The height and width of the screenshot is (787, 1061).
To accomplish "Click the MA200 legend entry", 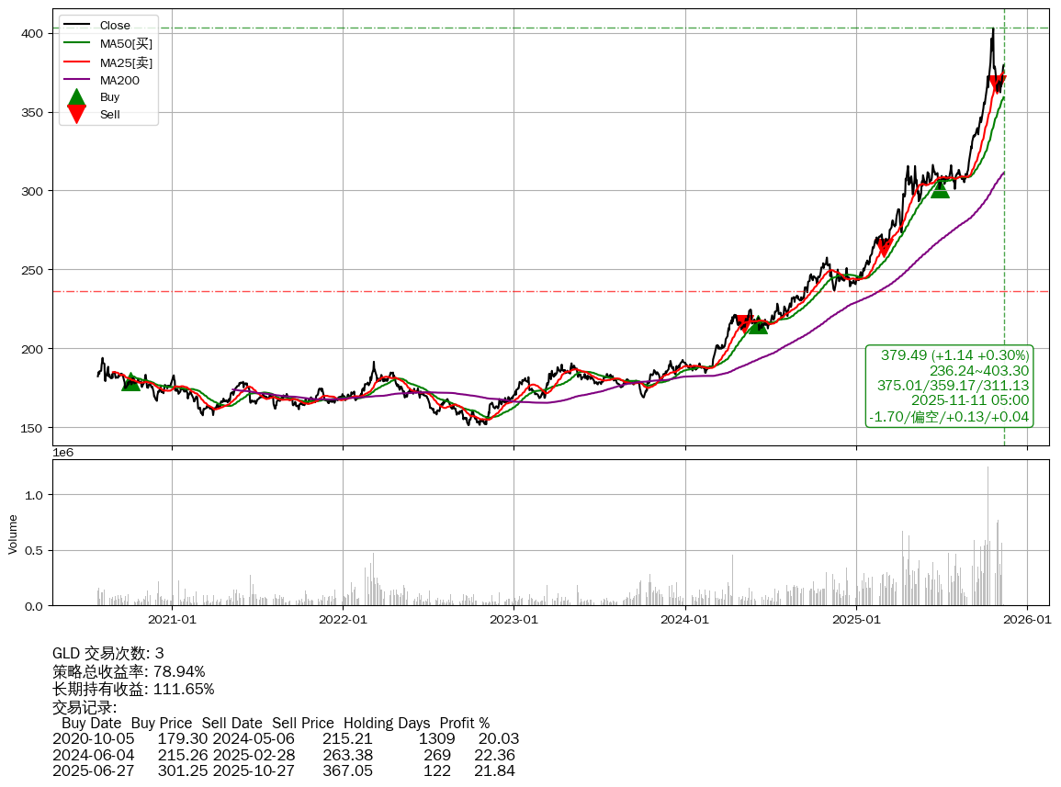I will [119, 80].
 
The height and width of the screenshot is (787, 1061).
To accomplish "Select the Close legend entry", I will [115, 25].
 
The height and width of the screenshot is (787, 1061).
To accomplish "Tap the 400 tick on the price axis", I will [32, 33].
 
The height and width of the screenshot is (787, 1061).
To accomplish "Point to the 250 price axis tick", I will [32, 270].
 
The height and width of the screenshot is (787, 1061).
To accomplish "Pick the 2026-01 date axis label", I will [1026, 620].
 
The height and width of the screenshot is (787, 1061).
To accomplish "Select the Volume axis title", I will [13, 534].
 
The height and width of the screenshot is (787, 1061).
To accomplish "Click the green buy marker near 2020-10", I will [131, 381].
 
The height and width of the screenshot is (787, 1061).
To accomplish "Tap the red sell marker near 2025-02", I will [884, 247].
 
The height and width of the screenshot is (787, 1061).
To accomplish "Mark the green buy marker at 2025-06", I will [940, 188].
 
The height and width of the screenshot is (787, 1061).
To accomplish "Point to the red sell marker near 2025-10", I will [998, 84].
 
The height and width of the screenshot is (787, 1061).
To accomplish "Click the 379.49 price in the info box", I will [903, 355].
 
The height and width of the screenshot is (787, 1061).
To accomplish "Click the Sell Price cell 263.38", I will [347, 755].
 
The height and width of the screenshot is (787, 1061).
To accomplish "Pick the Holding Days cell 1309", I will [437, 738].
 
